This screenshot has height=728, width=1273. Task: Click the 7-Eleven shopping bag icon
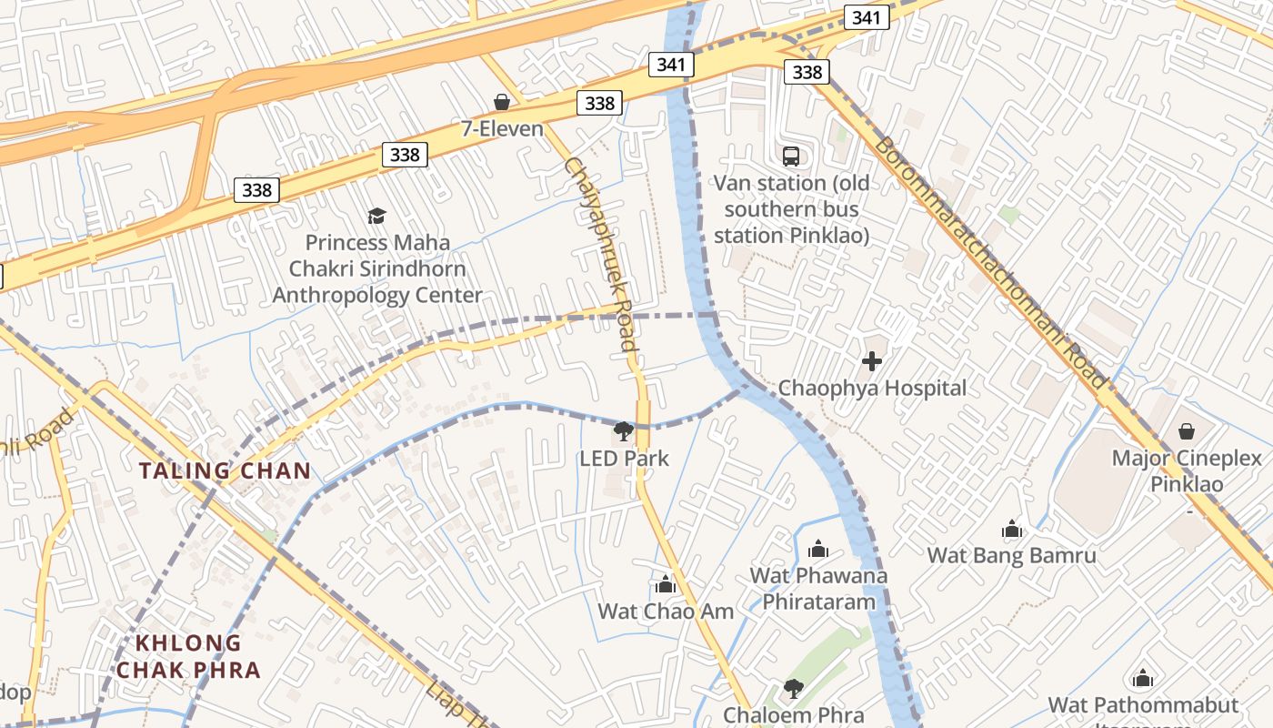tap(501, 102)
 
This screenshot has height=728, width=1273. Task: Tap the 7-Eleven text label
tap(502, 128)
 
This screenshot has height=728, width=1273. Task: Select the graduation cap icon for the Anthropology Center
tap(376, 216)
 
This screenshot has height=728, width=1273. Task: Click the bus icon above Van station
tap(791, 156)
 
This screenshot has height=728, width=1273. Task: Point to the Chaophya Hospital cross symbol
tap(871, 361)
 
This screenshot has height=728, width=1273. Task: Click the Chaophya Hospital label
tap(872, 388)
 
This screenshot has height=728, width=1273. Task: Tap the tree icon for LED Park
tap(624, 431)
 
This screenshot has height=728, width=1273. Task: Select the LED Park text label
tap(624, 459)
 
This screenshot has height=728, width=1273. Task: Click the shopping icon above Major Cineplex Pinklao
tap(1186, 431)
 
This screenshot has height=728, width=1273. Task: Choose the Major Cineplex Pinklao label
tap(1186, 470)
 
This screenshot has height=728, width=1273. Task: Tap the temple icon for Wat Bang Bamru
tap(1011, 529)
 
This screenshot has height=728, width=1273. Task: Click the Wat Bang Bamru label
tap(1011, 555)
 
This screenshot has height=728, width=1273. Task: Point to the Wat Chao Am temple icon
tap(666, 584)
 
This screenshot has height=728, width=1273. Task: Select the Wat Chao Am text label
tap(666, 611)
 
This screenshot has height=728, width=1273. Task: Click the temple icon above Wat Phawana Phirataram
tap(818, 549)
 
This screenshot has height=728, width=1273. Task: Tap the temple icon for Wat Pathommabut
tap(1143, 679)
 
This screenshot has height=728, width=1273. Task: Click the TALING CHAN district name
tap(225, 470)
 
